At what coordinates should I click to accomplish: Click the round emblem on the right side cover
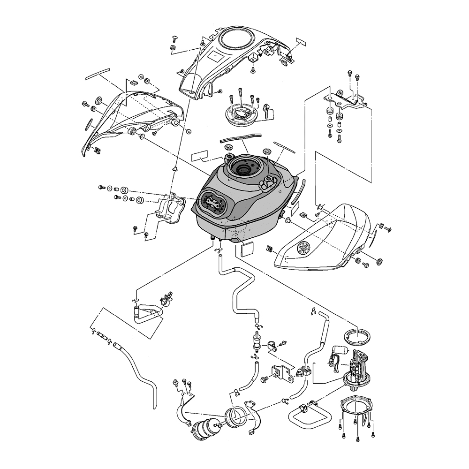click(304, 247)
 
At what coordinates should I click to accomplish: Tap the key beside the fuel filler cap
click(268, 111)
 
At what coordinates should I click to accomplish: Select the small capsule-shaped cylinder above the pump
click(340, 349)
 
